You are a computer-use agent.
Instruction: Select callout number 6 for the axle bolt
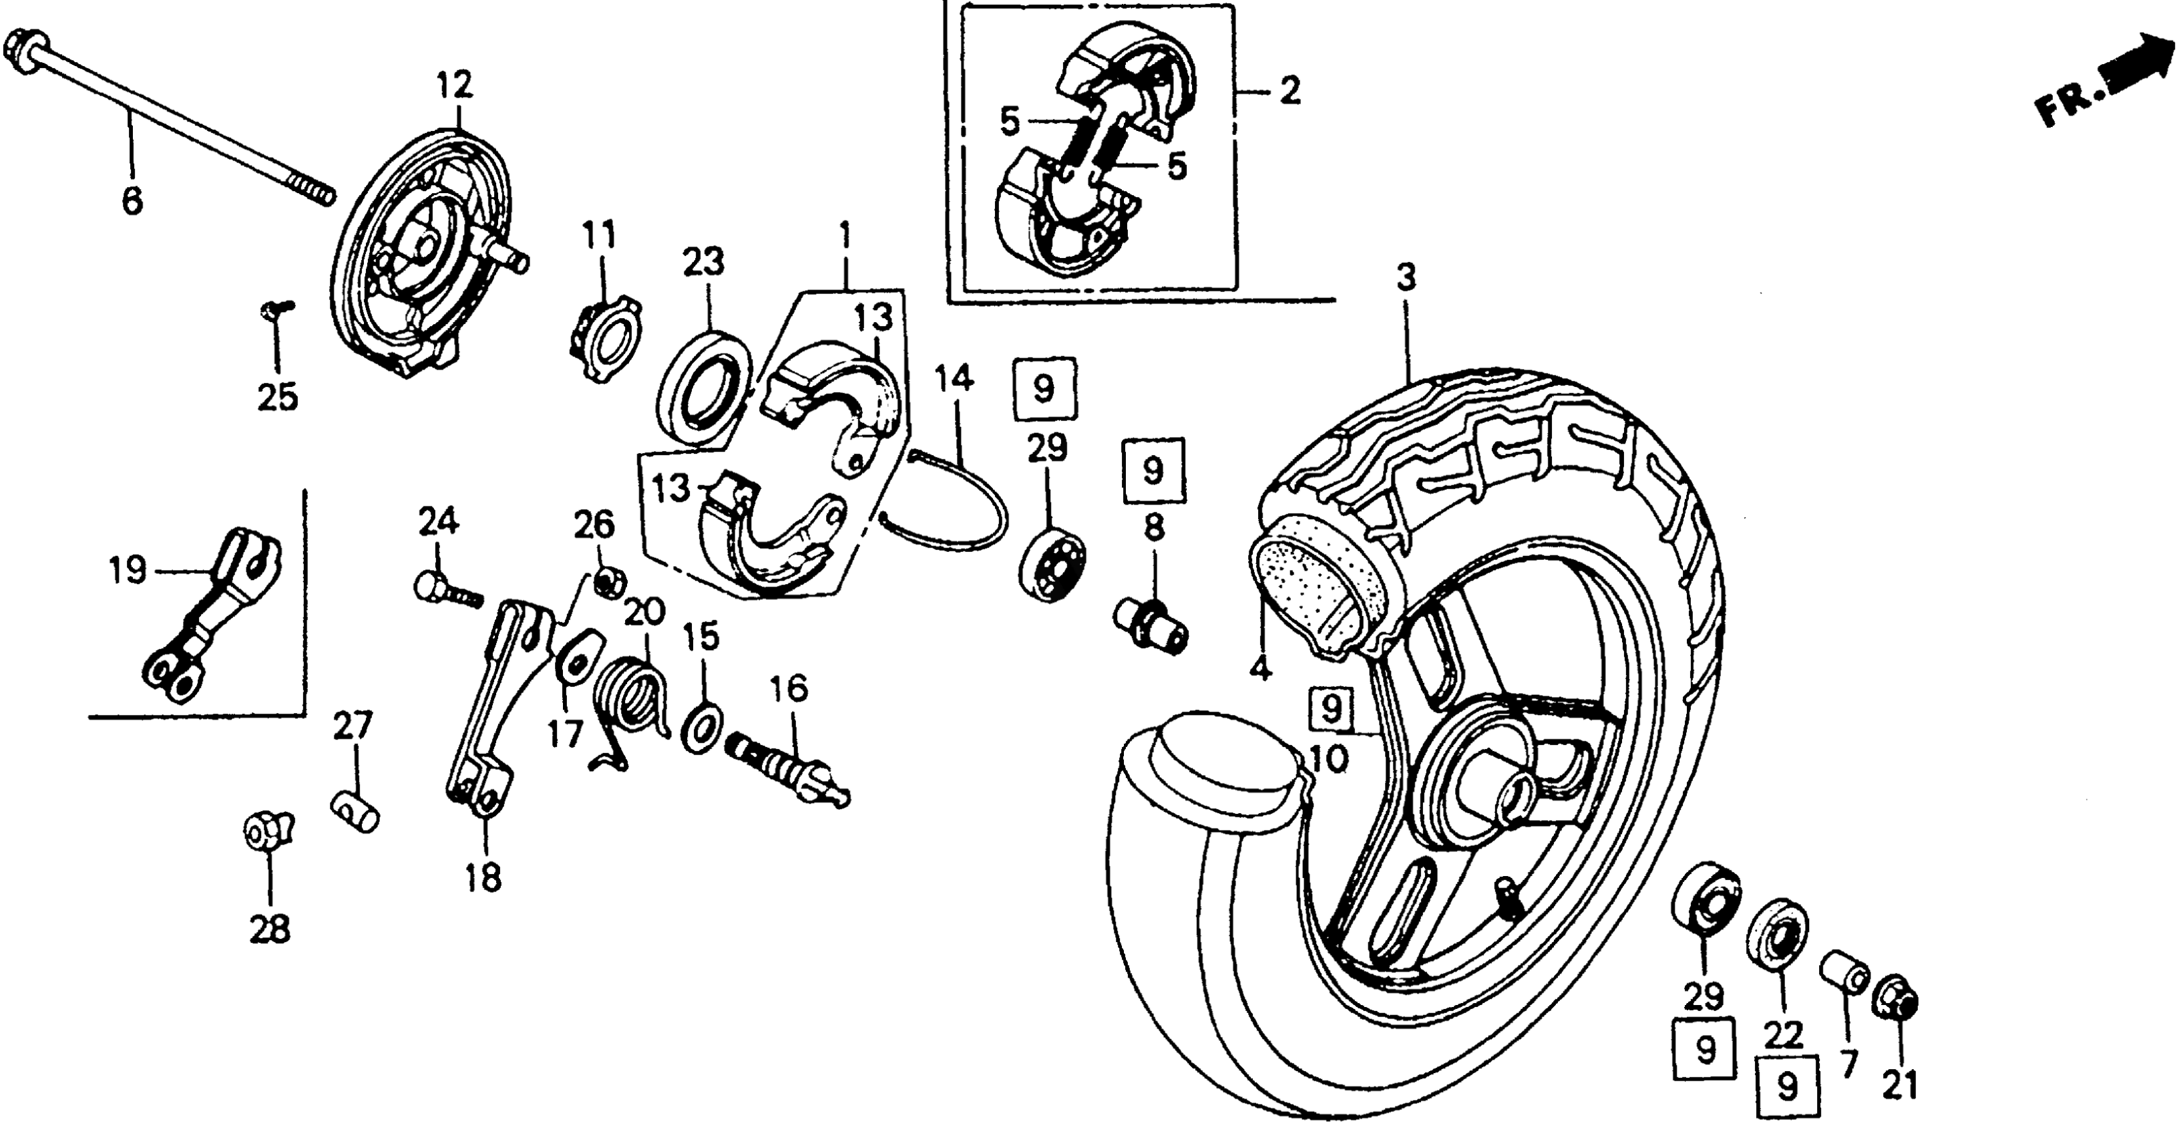(132, 202)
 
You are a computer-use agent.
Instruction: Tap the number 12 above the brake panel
(456, 86)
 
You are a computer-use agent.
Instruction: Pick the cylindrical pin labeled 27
(354, 810)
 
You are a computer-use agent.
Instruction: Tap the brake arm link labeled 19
(212, 615)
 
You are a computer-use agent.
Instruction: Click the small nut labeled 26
(608, 583)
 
